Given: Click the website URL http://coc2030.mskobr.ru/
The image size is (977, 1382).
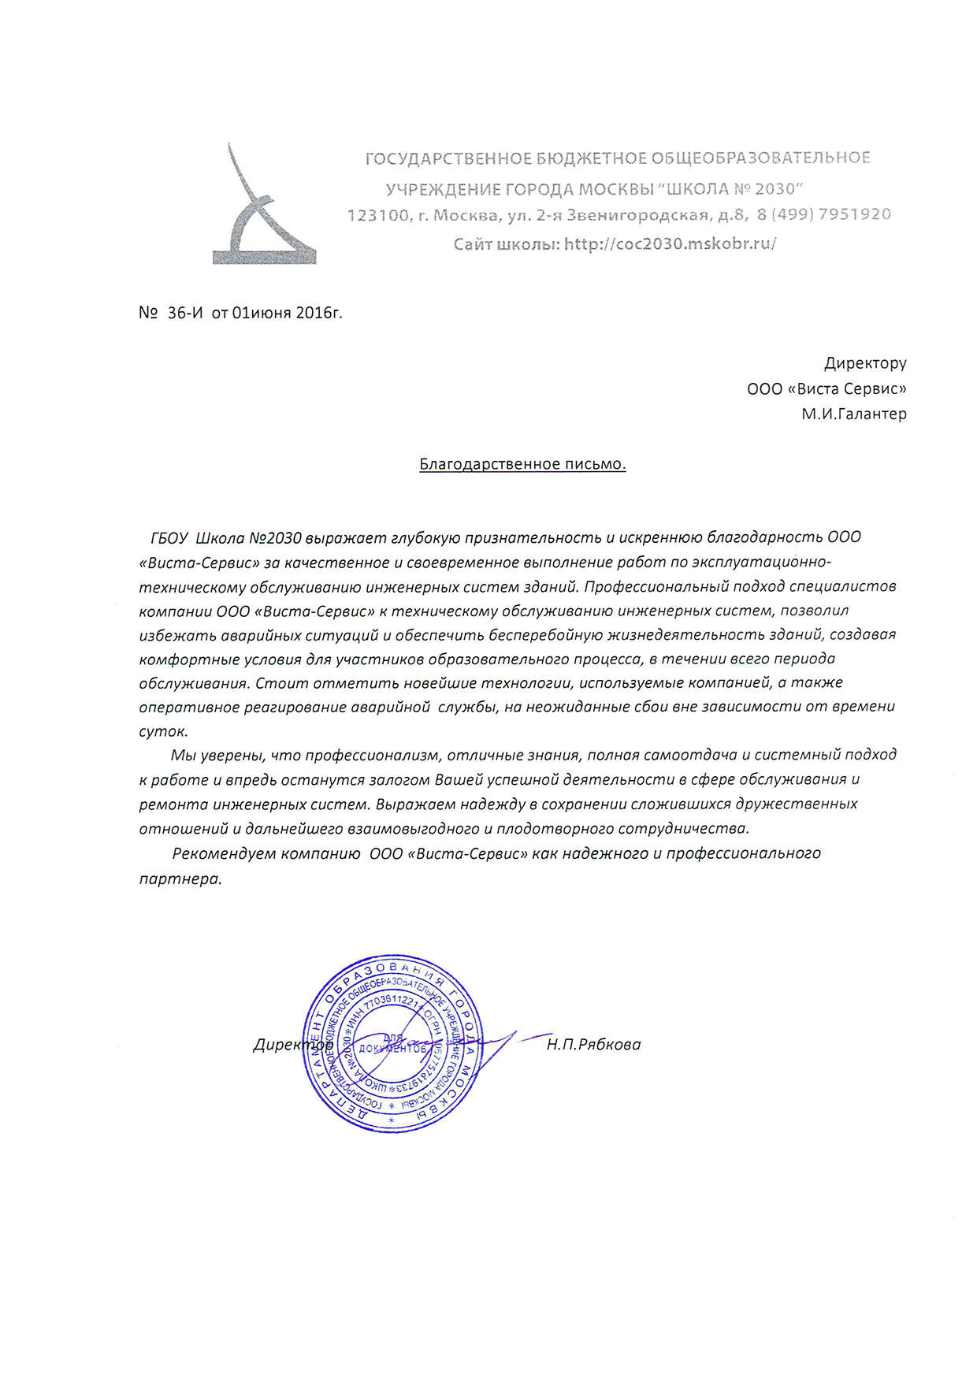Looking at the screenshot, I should click(670, 243).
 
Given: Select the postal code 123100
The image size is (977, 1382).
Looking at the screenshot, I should click(378, 215).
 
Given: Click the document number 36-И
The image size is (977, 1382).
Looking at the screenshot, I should click(185, 313).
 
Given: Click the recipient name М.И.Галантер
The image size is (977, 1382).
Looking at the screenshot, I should click(854, 414).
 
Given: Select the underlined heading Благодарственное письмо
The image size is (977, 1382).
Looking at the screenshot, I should click(522, 464).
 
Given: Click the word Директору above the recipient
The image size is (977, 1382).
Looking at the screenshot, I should click(865, 363).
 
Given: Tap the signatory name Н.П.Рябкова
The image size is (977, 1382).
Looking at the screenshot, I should click(593, 1045).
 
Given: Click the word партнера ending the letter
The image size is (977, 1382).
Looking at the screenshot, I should click(180, 879).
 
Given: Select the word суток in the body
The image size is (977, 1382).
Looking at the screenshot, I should click(163, 731).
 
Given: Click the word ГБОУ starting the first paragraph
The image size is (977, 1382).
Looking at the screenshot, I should click(169, 538).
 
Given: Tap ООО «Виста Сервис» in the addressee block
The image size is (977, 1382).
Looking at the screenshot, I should click(827, 388).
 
